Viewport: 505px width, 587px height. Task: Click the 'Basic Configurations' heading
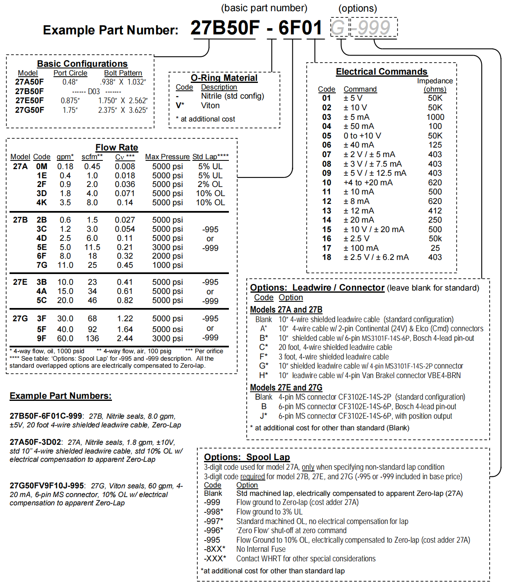(82, 64)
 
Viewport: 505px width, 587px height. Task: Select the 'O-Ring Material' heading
(224, 78)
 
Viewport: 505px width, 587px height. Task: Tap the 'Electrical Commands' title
(381, 72)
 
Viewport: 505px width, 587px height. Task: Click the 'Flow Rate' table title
(117, 148)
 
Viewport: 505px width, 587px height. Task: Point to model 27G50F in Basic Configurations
(29, 110)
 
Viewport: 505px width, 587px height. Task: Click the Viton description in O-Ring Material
(210, 106)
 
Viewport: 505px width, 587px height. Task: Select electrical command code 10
(327, 183)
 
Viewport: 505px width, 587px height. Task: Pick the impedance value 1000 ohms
(435, 117)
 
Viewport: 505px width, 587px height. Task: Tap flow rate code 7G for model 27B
(42, 265)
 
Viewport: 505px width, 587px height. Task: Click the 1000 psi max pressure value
(167, 265)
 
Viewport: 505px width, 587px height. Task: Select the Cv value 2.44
(125, 339)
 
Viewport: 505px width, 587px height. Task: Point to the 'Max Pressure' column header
(167, 157)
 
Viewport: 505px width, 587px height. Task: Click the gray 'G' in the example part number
(338, 28)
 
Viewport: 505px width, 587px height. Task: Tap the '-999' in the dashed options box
(374, 28)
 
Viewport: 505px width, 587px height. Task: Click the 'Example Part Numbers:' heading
(61, 396)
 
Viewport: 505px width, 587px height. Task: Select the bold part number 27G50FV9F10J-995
(46, 486)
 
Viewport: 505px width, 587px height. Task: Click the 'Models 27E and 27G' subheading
(286, 388)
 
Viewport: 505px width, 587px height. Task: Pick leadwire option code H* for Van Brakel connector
(264, 376)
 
